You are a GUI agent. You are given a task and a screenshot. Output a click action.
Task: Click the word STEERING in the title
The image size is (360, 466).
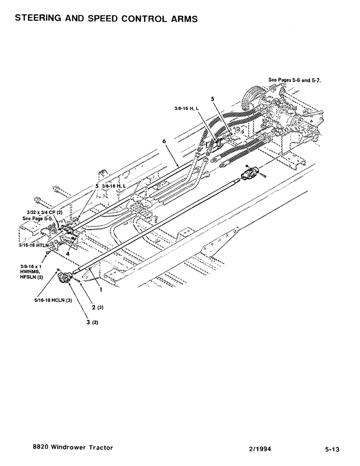pyautogui.click(x=38, y=19)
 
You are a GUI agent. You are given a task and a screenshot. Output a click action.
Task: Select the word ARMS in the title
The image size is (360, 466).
pyautogui.click(x=183, y=19)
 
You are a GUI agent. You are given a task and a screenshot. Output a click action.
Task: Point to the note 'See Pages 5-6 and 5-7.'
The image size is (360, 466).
pyautogui.click(x=296, y=80)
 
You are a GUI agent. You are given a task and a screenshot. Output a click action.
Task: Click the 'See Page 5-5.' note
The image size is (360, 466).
pyautogui.click(x=38, y=218)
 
